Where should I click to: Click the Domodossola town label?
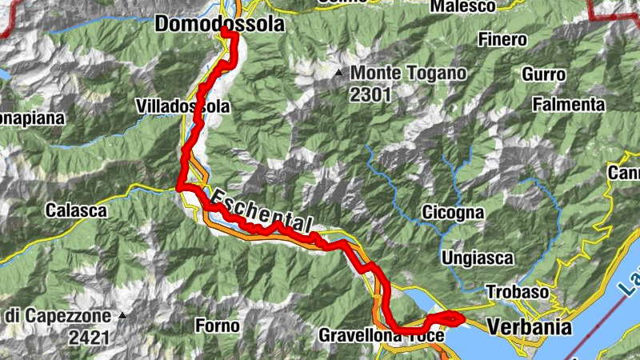pyautogui.click(x=218, y=25)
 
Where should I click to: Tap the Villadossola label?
pyautogui.click(x=183, y=106)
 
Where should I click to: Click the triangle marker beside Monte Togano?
pyautogui.click(x=339, y=74)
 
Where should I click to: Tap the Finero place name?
pyautogui.click(x=502, y=39)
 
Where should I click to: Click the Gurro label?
pyautogui.click(x=544, y=74)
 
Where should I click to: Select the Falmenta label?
pyautogui.click(x=569, y=104)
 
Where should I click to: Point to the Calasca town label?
pyautogui.click(x=76, y=211)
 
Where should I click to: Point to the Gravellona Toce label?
pyautogui.click(x=381, y=336)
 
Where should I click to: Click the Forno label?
pyautogui.click(x=217, y=326)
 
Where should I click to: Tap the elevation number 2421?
pyautogui.click(x=89, y=337)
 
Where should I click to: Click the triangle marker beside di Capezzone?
pyautogui.click(x=122, y=316)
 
